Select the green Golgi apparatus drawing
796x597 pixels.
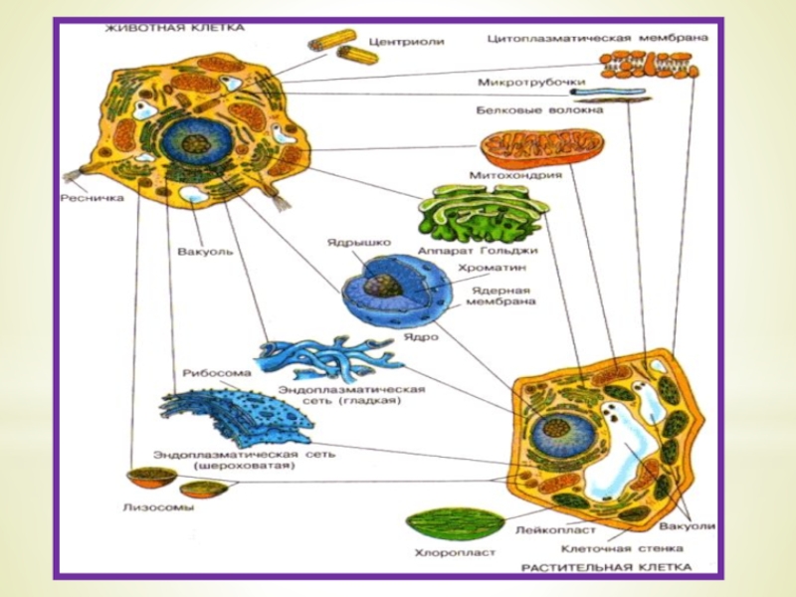click(x=482, y=213)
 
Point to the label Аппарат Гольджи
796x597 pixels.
click(x=479, y=251)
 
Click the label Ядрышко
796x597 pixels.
click(x=359, y=242)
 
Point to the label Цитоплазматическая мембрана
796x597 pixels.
click(x=598, y=39)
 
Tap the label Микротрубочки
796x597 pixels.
click(x=527, y=82)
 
